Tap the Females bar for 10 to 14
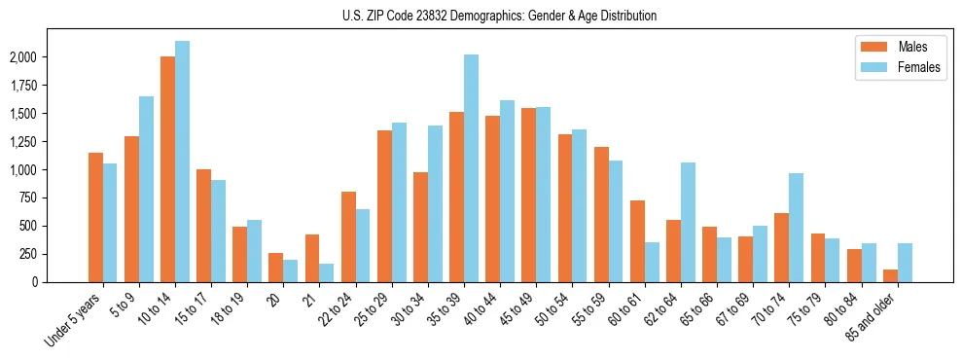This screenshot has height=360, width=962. (x=182, y=162)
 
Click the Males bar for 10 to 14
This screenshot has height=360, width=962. (x=167, y=169)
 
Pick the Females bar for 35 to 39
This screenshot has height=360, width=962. (x=471, y=168)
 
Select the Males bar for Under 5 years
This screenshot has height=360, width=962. (x=95, y=217)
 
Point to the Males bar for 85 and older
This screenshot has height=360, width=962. (x=890, y=275)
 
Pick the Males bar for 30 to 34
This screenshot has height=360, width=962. (x=420, y=227)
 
